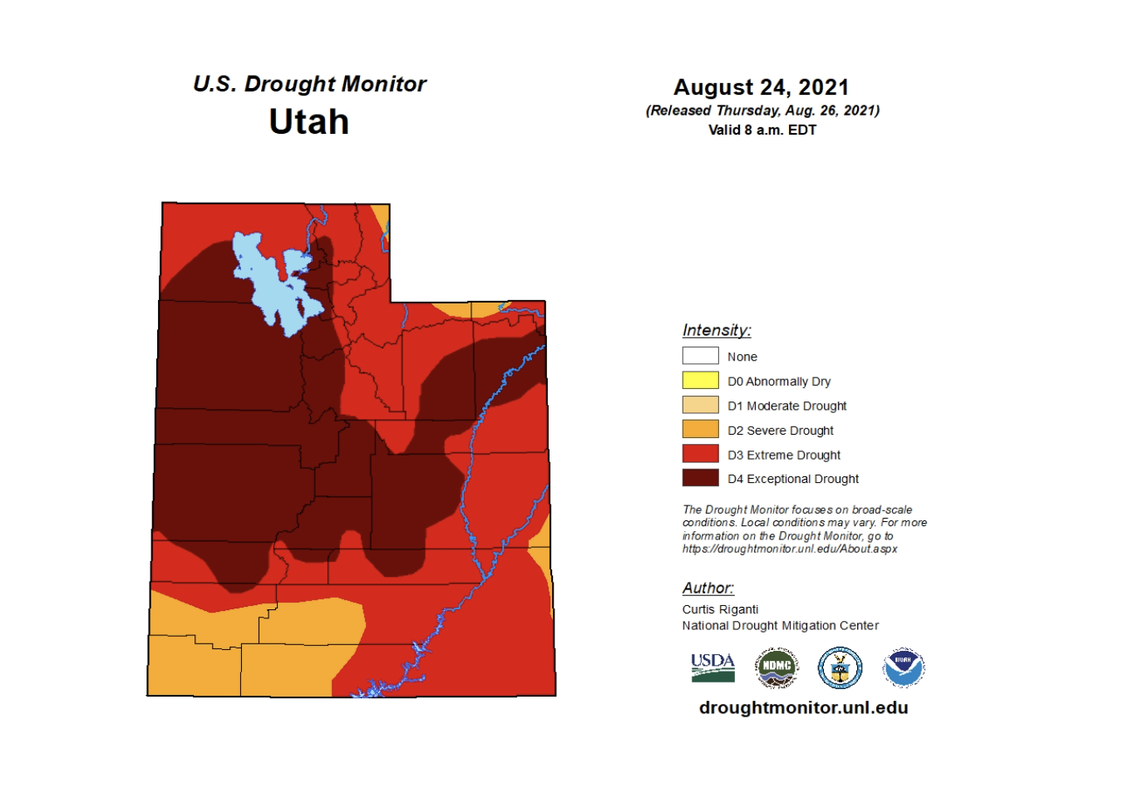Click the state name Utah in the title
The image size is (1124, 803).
(308, 122)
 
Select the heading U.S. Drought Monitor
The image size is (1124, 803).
(309, 84)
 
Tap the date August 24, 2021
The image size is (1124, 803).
(761, 87)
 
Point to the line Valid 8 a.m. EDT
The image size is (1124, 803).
(762, 130)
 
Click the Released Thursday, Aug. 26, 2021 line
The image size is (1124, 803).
(762, 111)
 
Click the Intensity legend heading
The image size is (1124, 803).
(716, 330)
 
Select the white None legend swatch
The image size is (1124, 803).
(700, 356)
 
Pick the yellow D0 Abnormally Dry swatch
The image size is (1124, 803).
(700, 381)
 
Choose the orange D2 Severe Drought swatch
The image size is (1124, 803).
(700, 430)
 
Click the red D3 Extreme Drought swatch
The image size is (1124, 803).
(700, 454)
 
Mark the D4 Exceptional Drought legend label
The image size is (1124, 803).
(792, 479)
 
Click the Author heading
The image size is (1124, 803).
(707, 588)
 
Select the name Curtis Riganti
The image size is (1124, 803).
(720, 609)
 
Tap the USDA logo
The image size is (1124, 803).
(712, 668)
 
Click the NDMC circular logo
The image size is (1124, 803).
(776, 668)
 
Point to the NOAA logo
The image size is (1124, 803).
(903, 668)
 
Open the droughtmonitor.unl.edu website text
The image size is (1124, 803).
(803, 707)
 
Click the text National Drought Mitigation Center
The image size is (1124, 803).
(780, 625)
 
